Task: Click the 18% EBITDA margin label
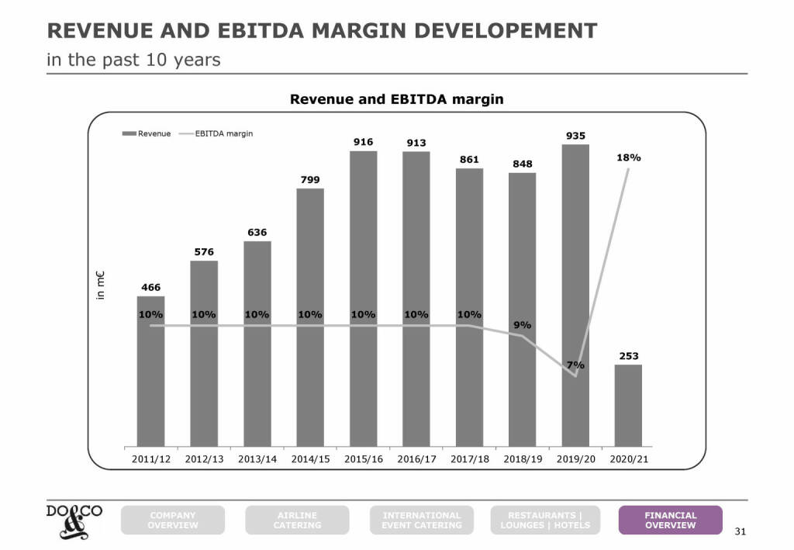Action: click(x=628, y=157)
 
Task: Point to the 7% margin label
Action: click(x=575, y=365)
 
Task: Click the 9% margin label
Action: click(x=523, y=324)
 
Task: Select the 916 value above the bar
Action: click(x=363, y=142)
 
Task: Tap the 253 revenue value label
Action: click(x=628, y=356)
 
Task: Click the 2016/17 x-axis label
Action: click(x=416, y=459)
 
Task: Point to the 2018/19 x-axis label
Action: click(x=523, y=459)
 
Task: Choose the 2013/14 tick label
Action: click(x=257, y=459)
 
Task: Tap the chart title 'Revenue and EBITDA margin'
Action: click(x=396, y=99)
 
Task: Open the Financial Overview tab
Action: click(x=670, y=520)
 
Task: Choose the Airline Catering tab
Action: click(x=297, y=520)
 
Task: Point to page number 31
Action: click(x=739, y=531)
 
